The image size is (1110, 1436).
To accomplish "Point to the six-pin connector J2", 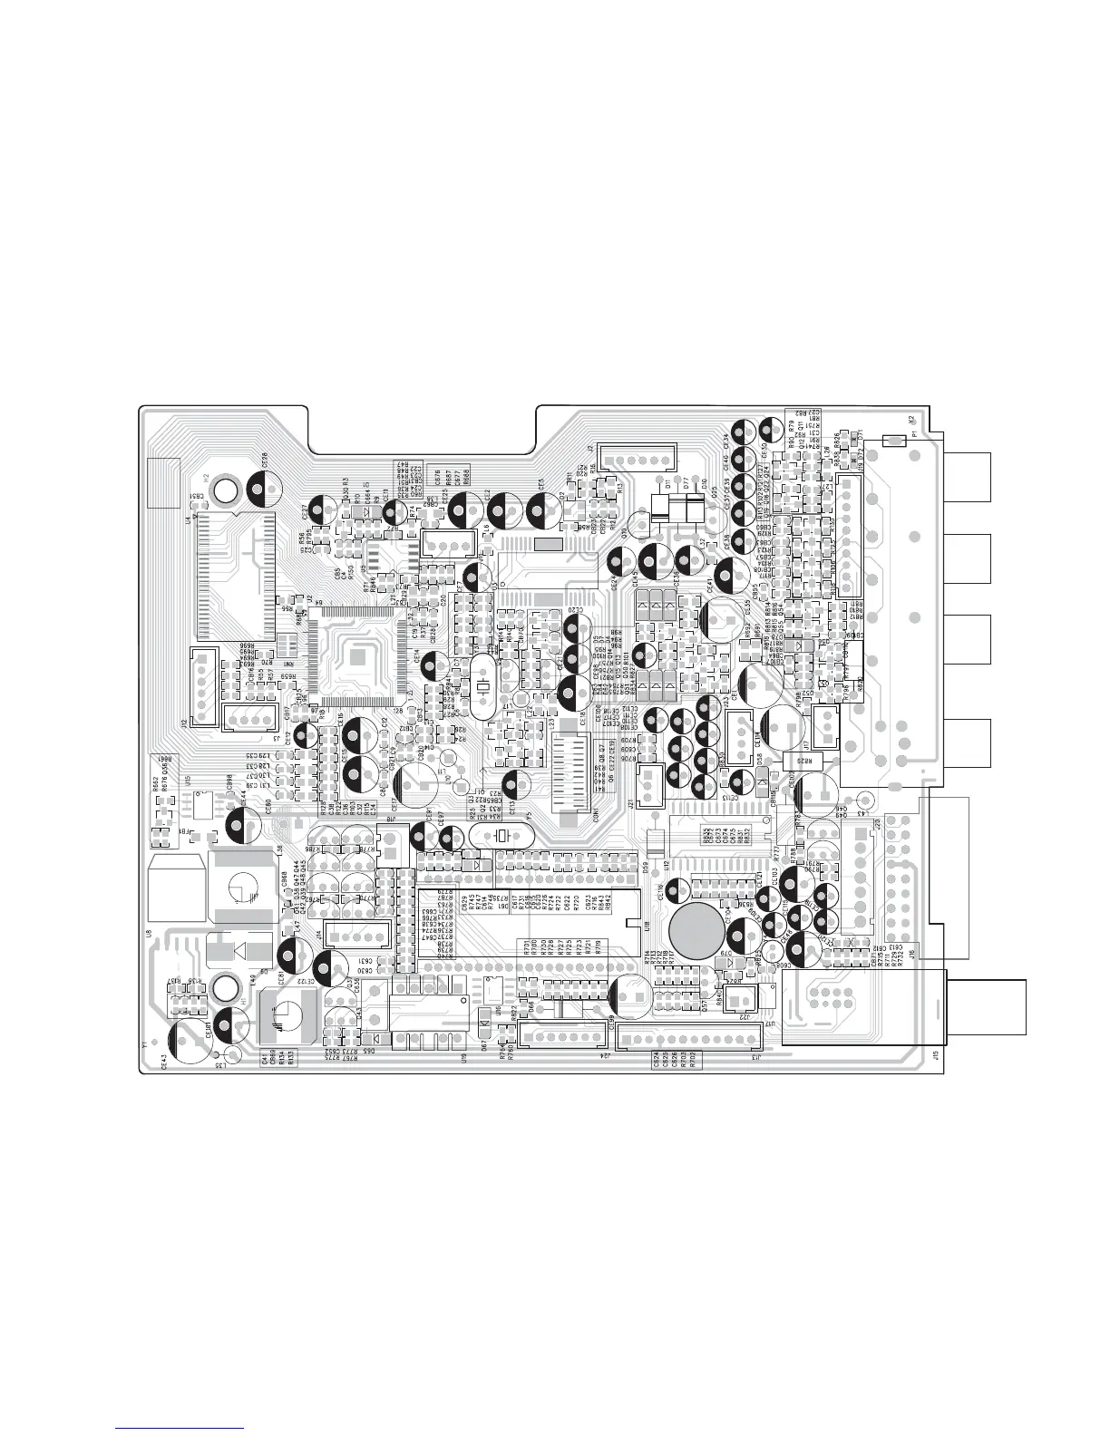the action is point(639,460).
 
